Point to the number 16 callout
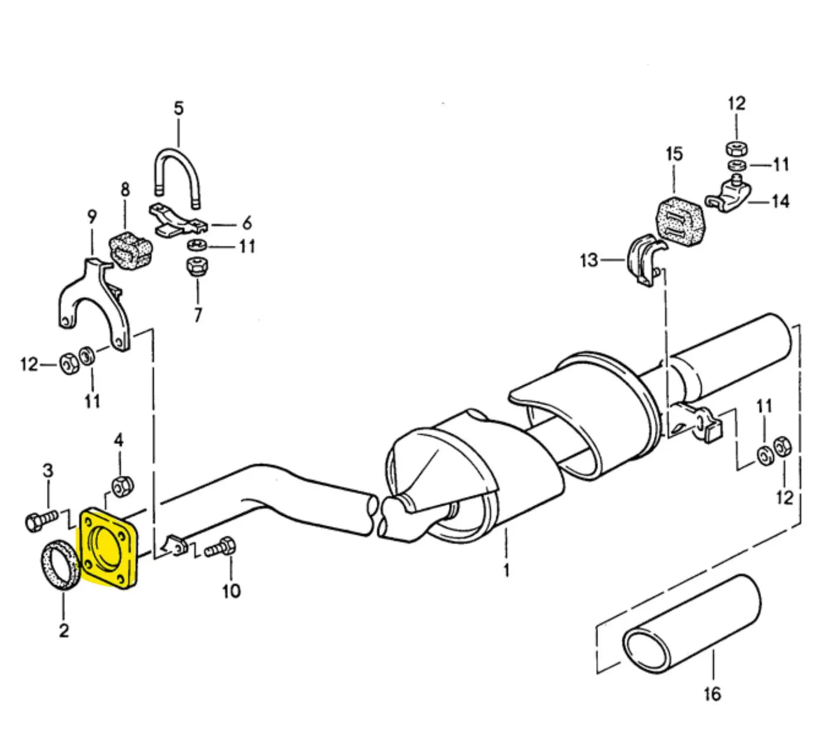pos(712,694)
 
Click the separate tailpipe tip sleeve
pos(692,623)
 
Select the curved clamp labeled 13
pos(647,260)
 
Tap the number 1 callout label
pos(506,570)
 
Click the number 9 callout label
pos(92,217)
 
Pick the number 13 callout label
pos(589,259)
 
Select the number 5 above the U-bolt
pos(178,108)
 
